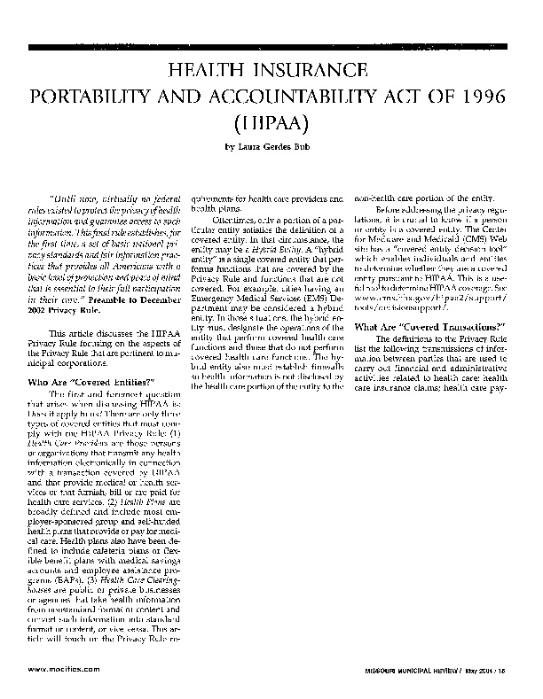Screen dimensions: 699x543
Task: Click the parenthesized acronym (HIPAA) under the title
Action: [271, 123]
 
